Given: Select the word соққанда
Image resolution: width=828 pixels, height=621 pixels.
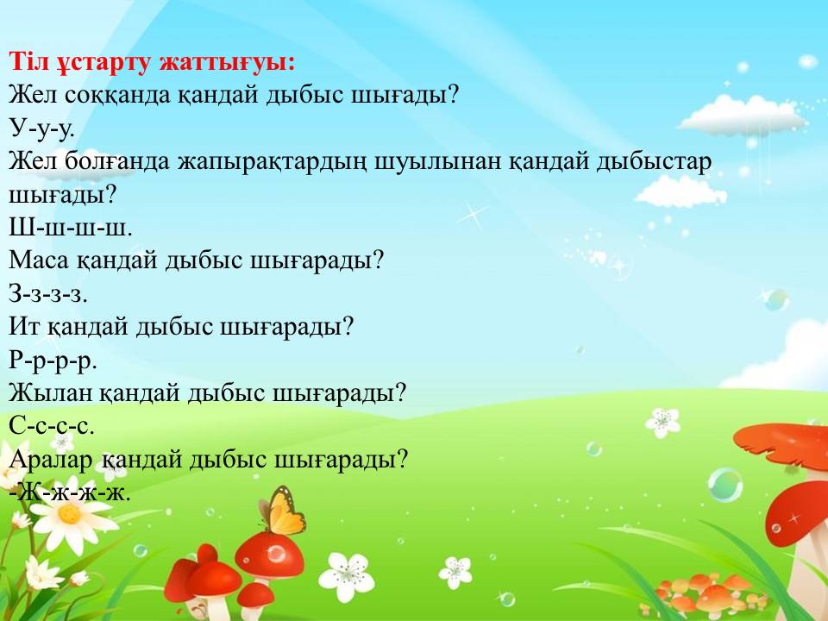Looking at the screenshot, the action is (x=119, y=96).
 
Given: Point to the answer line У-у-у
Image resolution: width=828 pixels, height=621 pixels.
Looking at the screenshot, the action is (x=41, y=129).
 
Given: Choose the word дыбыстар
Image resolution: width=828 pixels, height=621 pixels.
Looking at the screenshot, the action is (x=654, y=161).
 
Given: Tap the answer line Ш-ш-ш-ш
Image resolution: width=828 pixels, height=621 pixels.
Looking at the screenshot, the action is (x=70, y=228).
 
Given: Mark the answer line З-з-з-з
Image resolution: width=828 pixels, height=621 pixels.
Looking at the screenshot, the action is (x=48, y=293).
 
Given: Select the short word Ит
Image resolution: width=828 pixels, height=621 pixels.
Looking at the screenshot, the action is (x=24, y=327).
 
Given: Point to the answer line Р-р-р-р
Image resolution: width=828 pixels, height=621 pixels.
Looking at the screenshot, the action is (x=53, y=361).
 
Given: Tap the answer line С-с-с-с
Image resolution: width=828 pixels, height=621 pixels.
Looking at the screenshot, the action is (x=52, y=426).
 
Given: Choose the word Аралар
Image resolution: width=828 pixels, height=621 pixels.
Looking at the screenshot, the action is (x=51, y=460).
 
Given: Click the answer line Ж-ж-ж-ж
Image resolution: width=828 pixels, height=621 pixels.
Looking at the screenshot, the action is (x=70, y=492).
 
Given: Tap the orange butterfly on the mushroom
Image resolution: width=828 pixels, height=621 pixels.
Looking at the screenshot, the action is (x=283, y=511).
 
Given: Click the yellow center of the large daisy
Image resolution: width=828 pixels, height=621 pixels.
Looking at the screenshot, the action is (x=69, y=513).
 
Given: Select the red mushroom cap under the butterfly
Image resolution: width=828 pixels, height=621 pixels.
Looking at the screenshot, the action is (x=270, y=554).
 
